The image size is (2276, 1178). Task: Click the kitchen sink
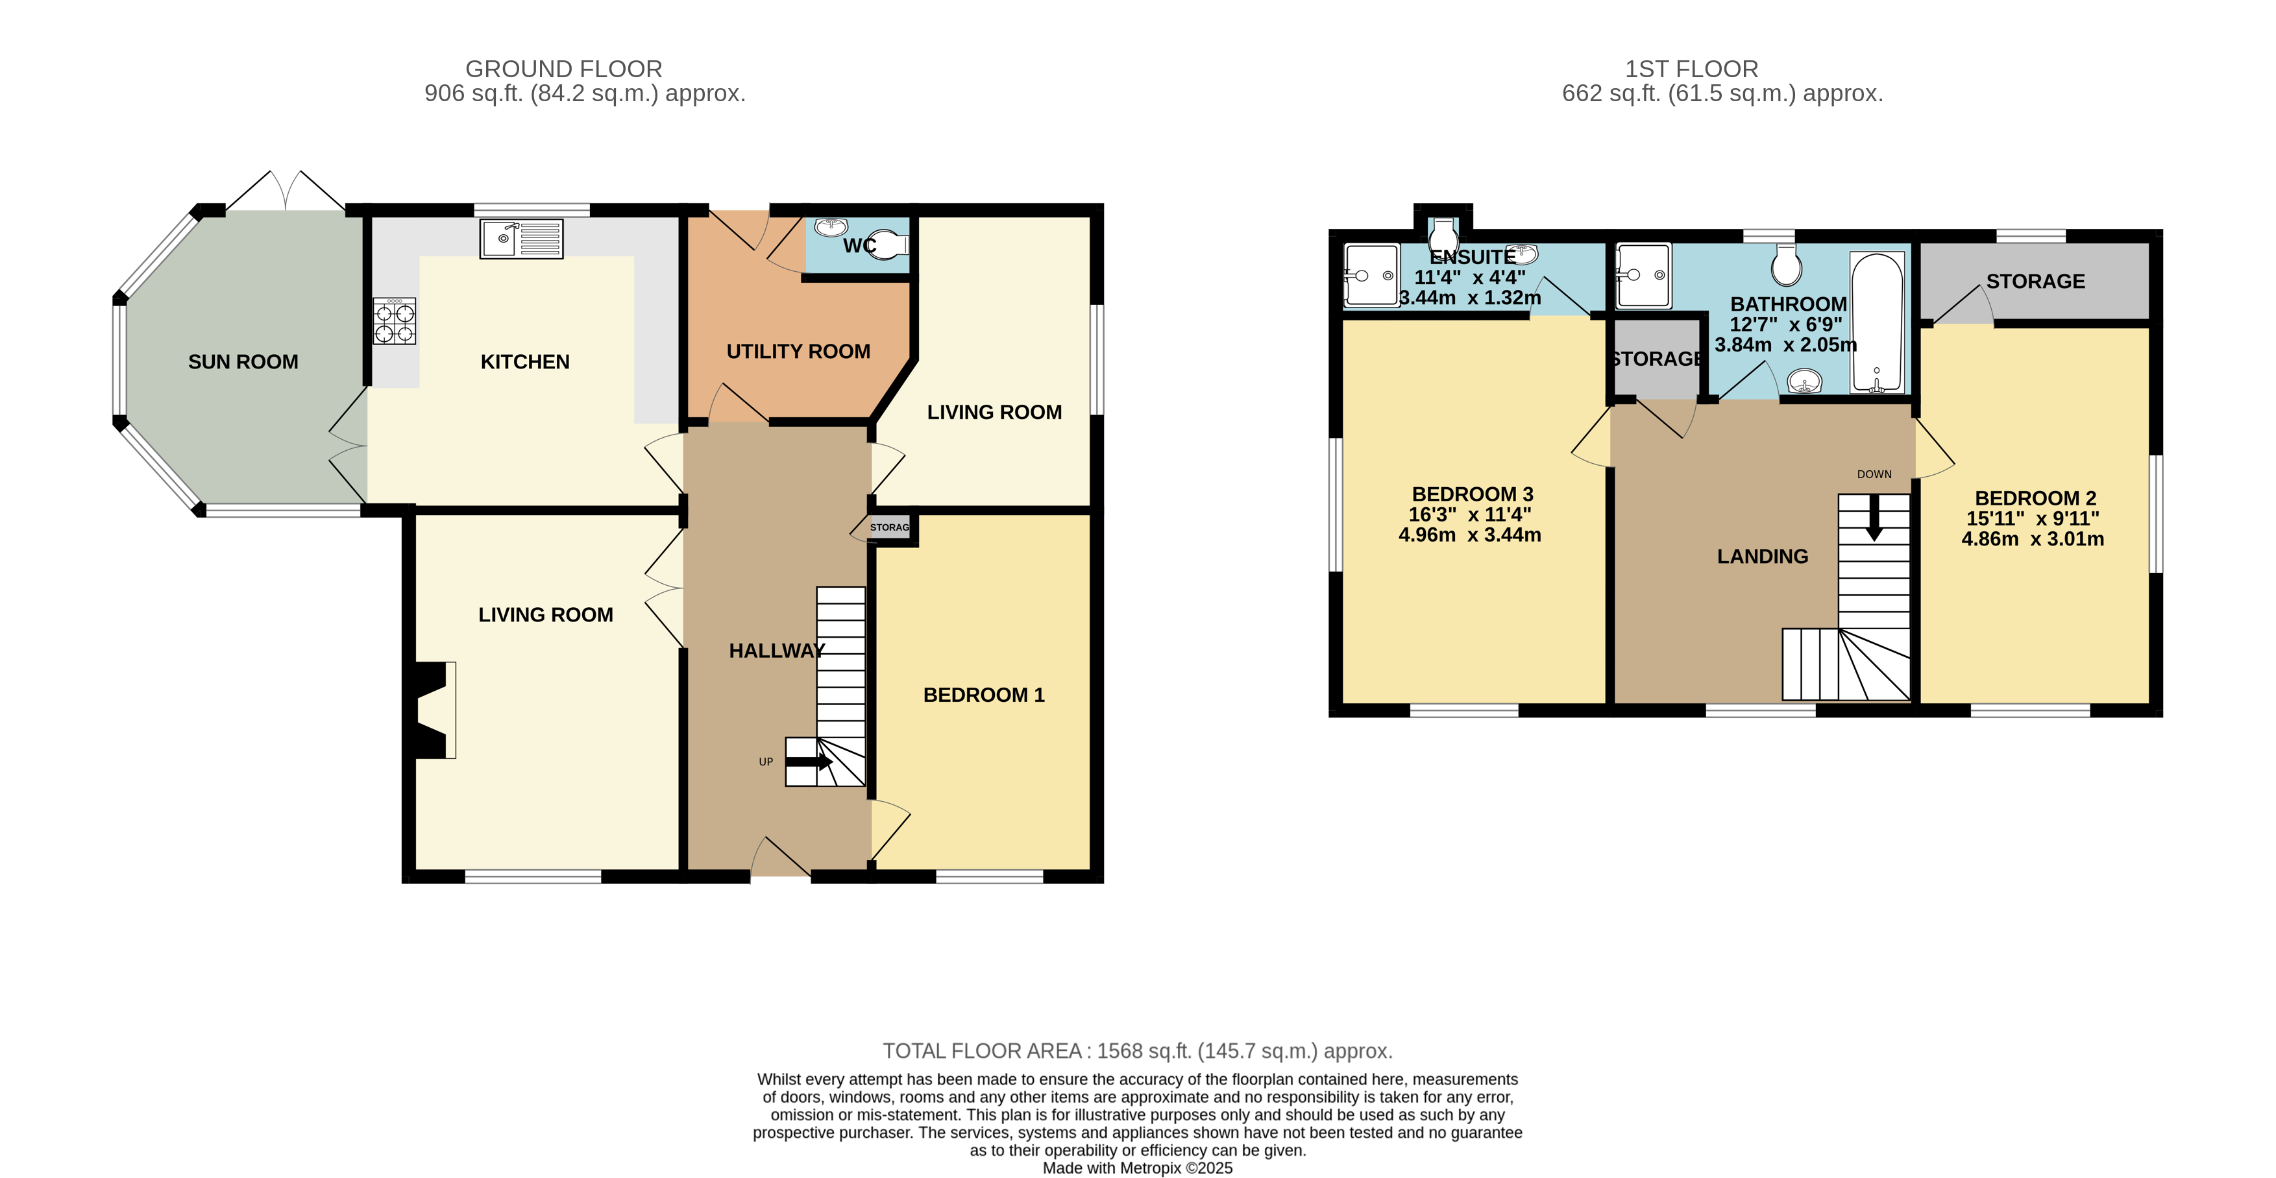pyautogui.click(x=521, y=239)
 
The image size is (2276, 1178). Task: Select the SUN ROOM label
pyautogui.click(x=243, y=362)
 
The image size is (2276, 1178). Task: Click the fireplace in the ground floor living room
pyautogui.click(x=433, y=710)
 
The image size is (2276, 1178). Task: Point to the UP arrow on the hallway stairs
pyautogui.click(x=809, y=761)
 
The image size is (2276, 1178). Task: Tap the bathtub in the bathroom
pyautogui.click(x=1878, y=322)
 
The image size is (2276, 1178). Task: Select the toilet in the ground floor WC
pyautogui.click(x=888, y=244)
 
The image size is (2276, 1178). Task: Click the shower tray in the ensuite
pyautogui.click(x=1371, y=274)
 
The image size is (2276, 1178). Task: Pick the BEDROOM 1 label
pyautogui.click(x=983, y=695)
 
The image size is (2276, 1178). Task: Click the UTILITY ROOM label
pyautogui.click(x=798, y=352)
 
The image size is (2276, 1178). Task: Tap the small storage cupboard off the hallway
pyautogui.click(x=889, y=527)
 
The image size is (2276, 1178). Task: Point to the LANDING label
pyautogui.click(x=1762, y=557)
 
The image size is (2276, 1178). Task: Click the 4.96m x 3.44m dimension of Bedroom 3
pyautogui.click(x=1469, y=535)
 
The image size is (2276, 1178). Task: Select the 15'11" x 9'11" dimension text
pyautogui.click(x=2032, y=518)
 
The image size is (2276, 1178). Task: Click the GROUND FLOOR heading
pyautogui.click(x=564, y=69)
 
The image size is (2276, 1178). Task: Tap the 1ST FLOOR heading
pyautogui.click(x=1691, y=69)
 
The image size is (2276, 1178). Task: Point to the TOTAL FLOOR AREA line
pyautogui.click(x=1137, y=1051)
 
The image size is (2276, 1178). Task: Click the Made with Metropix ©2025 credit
pyautogui.click(x=1137, y=1168)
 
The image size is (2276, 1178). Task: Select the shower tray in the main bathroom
pyautogui.click(x=1643, y=276)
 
